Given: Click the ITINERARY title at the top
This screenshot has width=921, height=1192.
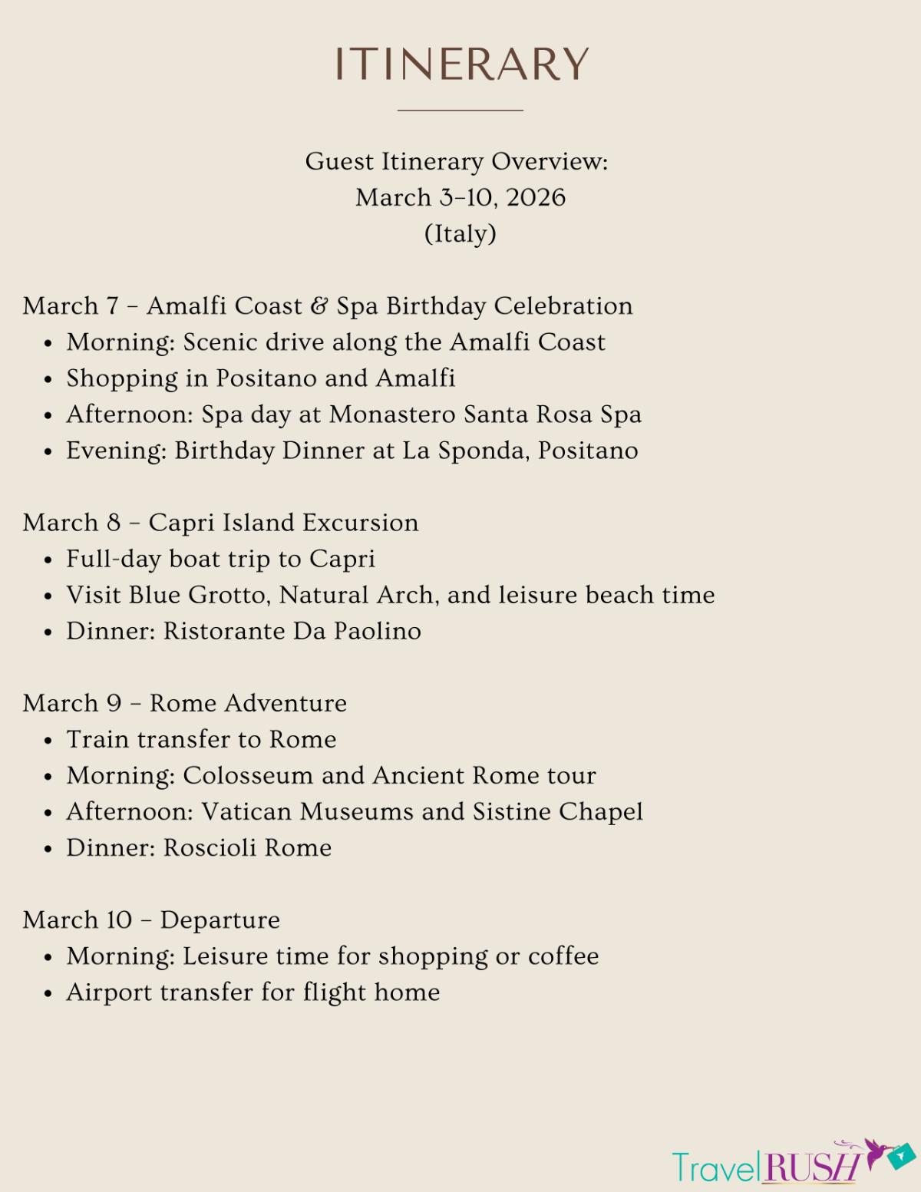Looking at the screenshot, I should [x=460, y=64].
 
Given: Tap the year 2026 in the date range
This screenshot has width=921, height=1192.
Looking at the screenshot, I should [x=536, y=198].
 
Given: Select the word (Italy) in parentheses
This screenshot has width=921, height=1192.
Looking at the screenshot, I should [x=460, y=234].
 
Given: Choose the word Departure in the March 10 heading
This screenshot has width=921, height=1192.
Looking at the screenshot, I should [x=220, y=920].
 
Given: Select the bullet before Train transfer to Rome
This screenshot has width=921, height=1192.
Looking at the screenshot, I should [x=48, y=741].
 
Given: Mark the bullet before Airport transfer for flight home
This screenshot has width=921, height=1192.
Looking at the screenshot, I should [x=48, y=993].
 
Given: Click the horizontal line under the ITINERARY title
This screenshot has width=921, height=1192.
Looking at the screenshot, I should [x=460, y=111].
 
